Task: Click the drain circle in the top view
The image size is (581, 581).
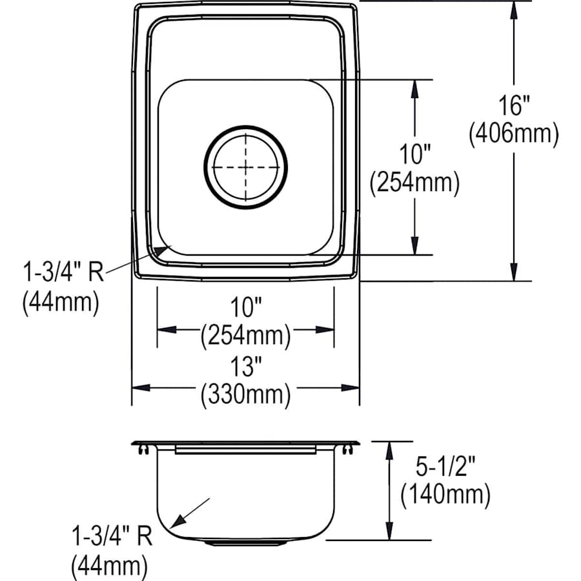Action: (x=245, y=167)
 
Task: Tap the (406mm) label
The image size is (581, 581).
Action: (x=514, y=134)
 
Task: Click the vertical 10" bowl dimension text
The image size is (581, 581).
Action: (x=414, y=155)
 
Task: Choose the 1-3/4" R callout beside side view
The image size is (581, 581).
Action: (x=112, y=537)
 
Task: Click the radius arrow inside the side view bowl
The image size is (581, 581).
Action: (x=194, y=511)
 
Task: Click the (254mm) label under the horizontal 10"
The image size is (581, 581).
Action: (x=245, y=335)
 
